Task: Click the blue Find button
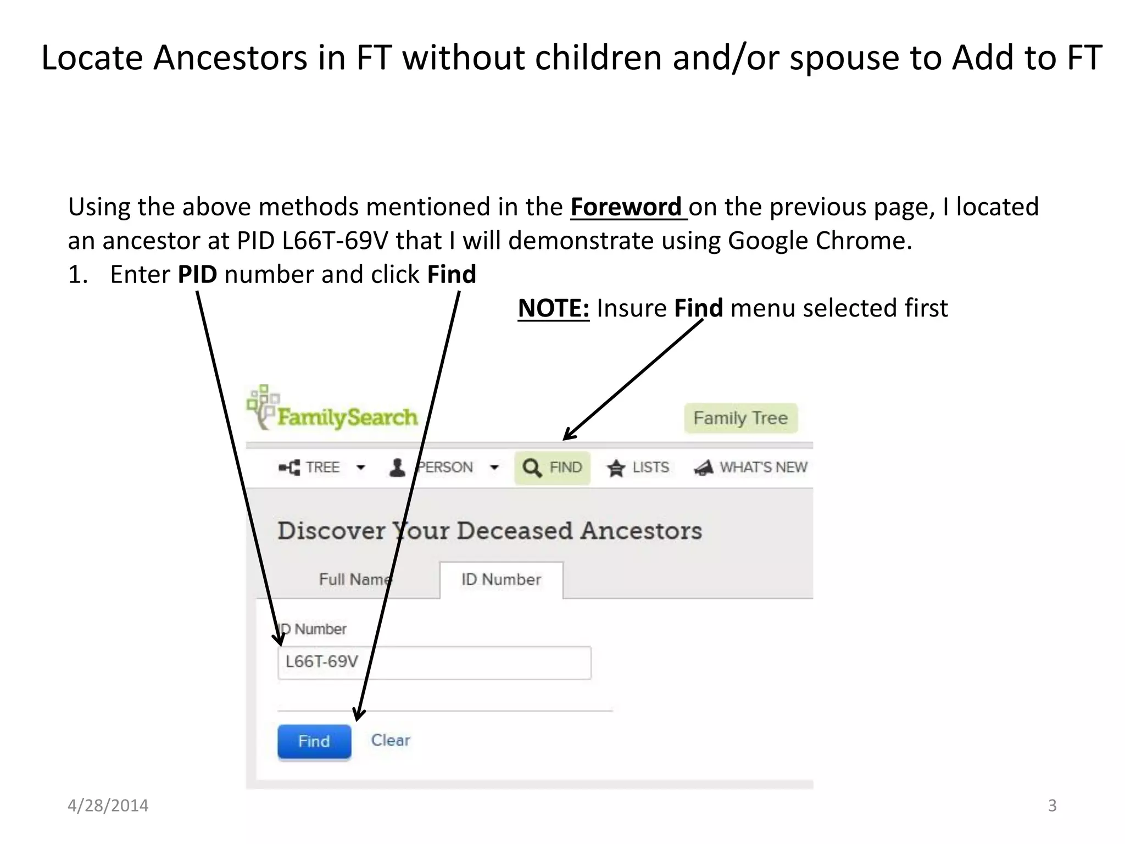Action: point(314,741)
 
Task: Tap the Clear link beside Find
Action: point(391,740)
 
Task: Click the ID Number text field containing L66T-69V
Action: point(434,663)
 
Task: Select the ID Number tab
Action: point(501,580)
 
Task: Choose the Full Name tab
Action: point(355,580)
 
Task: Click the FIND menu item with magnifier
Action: point(552,468)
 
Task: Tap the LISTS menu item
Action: point(638,468)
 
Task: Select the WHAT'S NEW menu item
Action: point(751,468)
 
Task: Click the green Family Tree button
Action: point(740,418)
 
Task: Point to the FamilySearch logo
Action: point(333,410)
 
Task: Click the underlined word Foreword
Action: point(626,207)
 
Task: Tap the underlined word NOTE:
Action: point(553,308)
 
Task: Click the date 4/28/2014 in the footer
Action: point(108,806)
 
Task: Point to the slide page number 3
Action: point(1052,806)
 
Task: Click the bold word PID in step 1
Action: point(197,274)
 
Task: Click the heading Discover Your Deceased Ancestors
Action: point(489,531)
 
